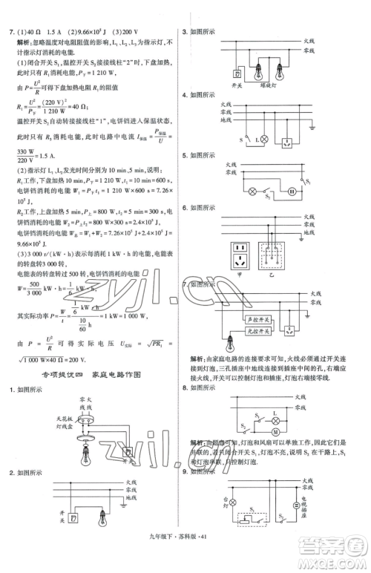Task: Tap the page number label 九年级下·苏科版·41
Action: point(185,563)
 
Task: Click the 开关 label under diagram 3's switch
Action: point(236,85)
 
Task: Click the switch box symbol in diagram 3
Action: point(236,73)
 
